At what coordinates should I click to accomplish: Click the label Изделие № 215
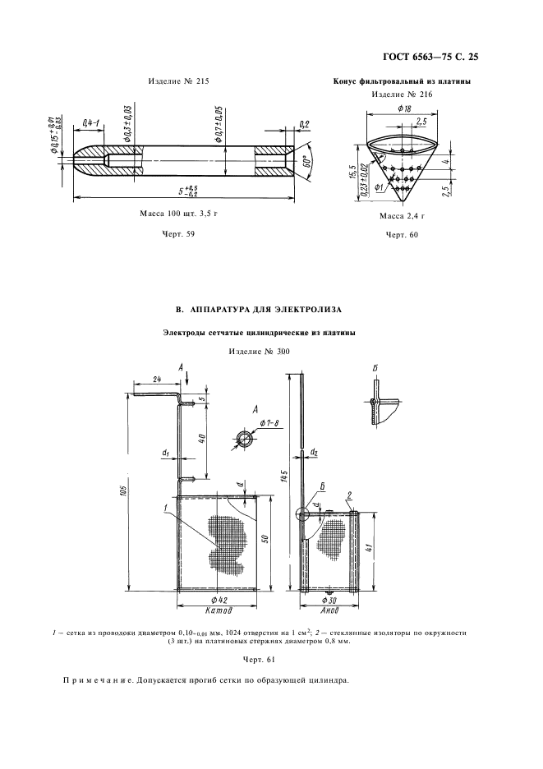(x=180, y=81)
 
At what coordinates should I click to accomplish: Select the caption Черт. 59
(x=179, y=234)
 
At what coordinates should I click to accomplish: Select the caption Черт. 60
(x=402, y=235)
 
